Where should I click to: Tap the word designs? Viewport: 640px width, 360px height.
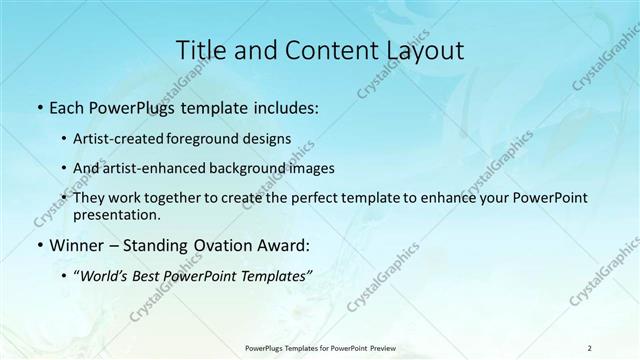pyautogui.click(x=269, y=138)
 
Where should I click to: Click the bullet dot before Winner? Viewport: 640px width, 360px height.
pyautogui.click(x=39, y=246)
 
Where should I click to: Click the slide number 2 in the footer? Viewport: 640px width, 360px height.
pyautogui.click(x=589, y=347)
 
